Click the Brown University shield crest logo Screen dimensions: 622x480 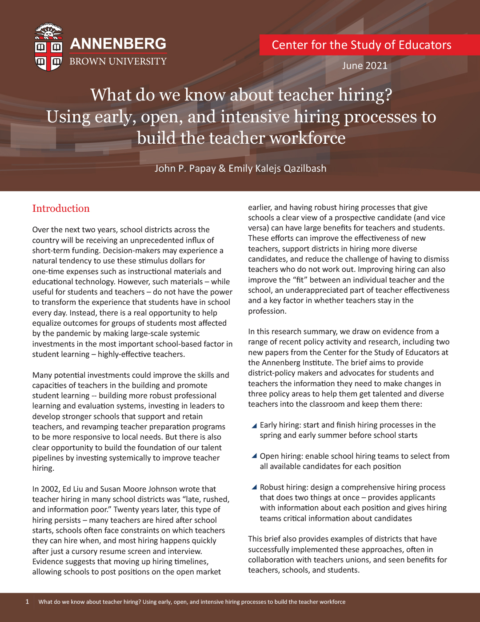point(49,48)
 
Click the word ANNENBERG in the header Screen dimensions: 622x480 point(118,44)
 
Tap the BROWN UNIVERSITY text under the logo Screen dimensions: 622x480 point(118,61)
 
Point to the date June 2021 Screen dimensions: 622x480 point(364,66)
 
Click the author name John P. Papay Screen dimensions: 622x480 point(185,169)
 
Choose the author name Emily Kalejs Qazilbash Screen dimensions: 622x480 point(277,169)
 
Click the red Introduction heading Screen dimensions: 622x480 point(61,209)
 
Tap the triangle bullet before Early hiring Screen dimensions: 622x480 point(254,426)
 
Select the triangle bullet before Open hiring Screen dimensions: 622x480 point(254,456)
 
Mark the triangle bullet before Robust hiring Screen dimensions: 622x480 point(254,487)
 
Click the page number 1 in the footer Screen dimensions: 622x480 point(27,602)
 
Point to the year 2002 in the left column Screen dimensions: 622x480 point(50,489)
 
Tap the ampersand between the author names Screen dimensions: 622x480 point(222,169)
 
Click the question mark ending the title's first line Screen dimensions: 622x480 point(388,95)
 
